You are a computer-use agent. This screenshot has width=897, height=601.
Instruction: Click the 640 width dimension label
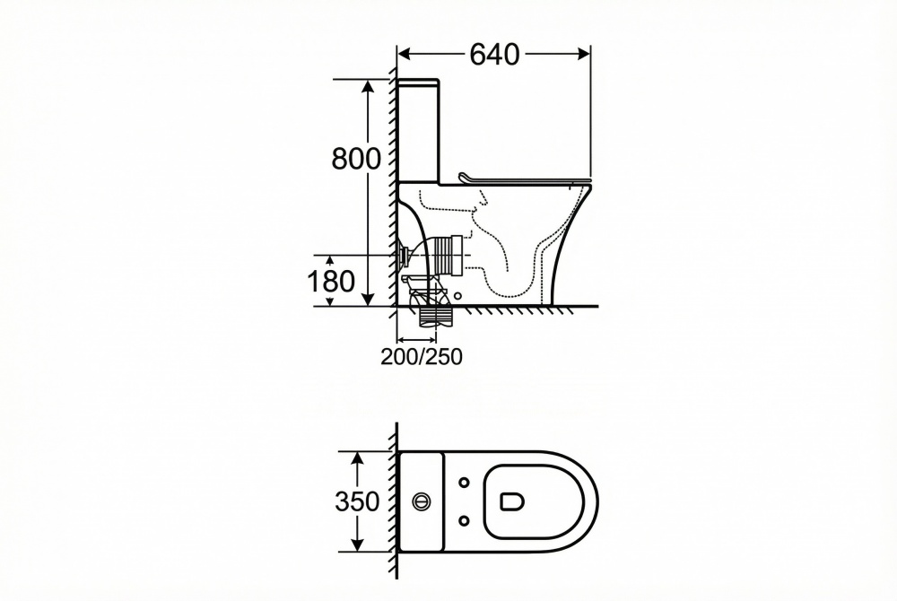[x=494, y=55]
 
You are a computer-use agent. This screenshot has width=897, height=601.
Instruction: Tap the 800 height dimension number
[x=355, y=159]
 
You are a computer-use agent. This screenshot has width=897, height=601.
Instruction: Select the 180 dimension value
[x=331, y=282]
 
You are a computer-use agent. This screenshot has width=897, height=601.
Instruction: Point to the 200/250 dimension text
[x=422, y=356]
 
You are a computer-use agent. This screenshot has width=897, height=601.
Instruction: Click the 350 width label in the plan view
[x=357, y=501]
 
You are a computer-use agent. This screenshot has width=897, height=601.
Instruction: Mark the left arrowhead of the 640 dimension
[x=405, y=54]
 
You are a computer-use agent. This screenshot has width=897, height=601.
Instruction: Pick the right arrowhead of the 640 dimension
[x=584, y=54]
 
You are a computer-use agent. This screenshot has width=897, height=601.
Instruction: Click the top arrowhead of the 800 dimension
[x=368, y=86]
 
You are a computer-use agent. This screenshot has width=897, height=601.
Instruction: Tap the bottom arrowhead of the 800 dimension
[x=368, y=299]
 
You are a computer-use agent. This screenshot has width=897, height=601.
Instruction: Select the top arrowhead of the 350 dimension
[x=358, y=457]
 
